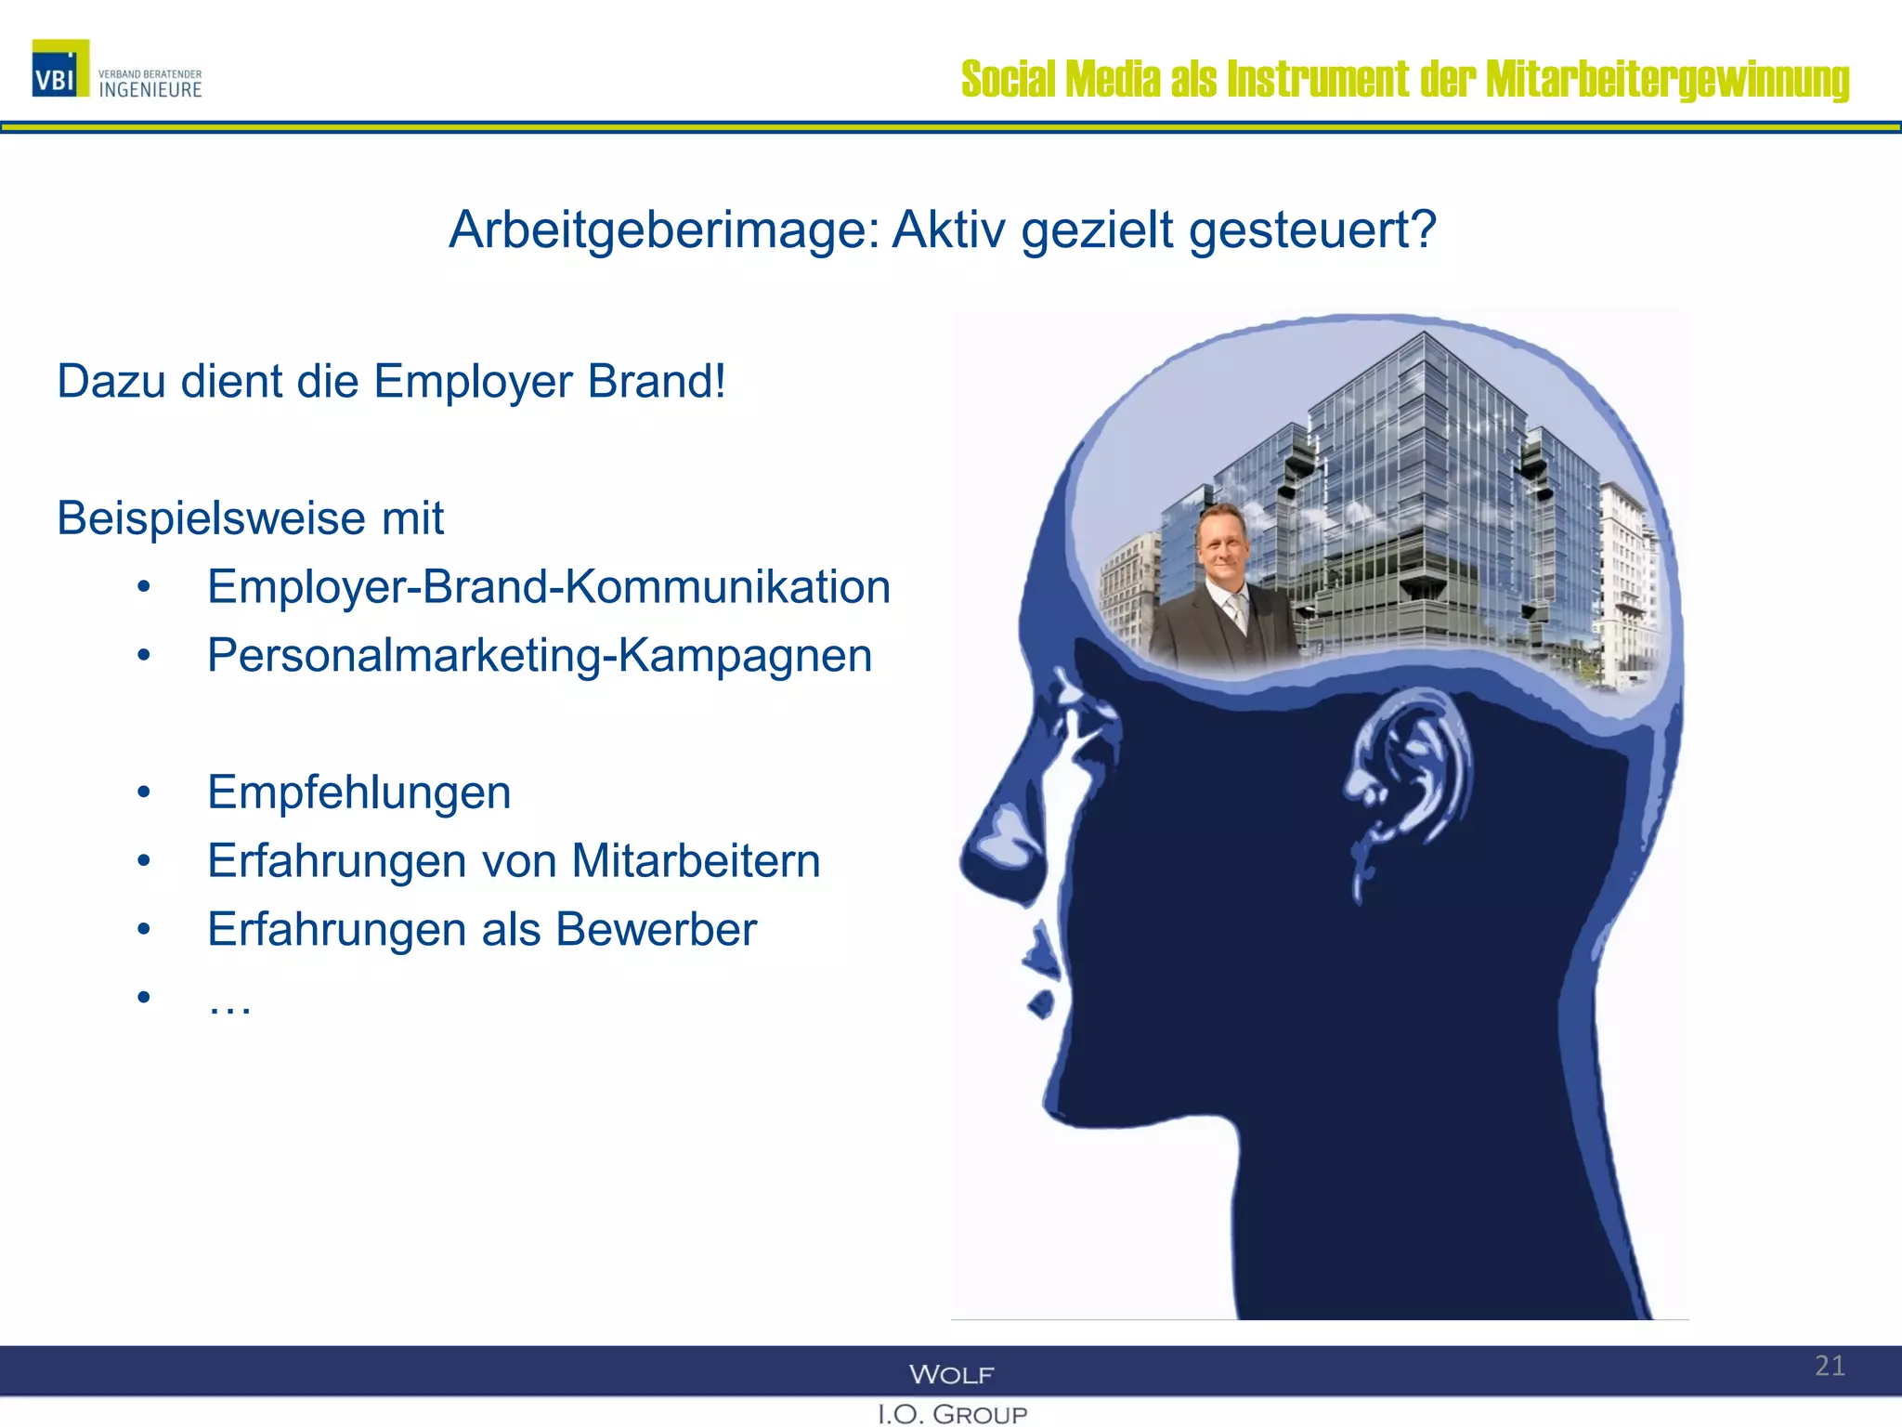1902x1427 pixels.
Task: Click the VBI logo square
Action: [x=60, y=68]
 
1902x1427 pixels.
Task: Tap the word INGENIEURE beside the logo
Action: [x=150, y=90]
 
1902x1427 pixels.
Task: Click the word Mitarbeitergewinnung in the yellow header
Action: [x=1667, y=80]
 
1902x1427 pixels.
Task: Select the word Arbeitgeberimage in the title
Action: [x=663, y=229]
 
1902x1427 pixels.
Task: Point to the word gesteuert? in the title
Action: [x=1312, y=229]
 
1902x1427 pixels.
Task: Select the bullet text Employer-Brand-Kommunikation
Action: [x=548, y=587]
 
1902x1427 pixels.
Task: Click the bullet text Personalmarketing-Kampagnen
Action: [x=539, y=656]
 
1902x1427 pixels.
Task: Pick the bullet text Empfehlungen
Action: [x=358, y=792]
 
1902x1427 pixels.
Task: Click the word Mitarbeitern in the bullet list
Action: [x=696, y=861]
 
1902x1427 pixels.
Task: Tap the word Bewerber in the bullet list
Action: [x=656, y=929]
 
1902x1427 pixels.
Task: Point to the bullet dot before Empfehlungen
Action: [x=143, y=793]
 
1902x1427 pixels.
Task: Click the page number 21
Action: [x=1830, y=1366]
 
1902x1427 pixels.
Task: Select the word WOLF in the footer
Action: [x=951, y=1374]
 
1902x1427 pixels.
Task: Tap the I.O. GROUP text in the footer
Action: [x=952, y=1414]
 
